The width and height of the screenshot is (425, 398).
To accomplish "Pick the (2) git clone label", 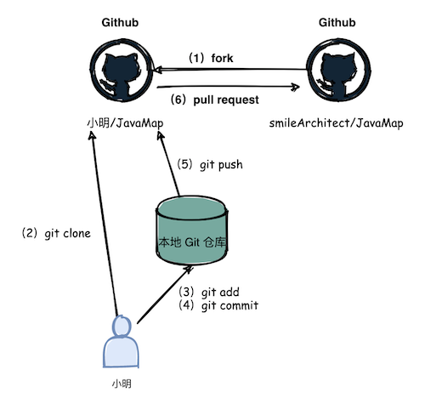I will [x=55, y=231].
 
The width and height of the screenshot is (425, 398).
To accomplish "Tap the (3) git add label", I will [x=213, y=292].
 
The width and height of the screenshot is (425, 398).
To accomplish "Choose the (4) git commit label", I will [x=219, y=305].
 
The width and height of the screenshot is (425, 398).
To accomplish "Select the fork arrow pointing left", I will [x=229, y=71].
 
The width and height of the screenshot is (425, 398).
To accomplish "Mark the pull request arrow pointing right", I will [x=229, y=84].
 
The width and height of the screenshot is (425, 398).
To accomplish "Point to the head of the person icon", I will [x=121, y=327].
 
